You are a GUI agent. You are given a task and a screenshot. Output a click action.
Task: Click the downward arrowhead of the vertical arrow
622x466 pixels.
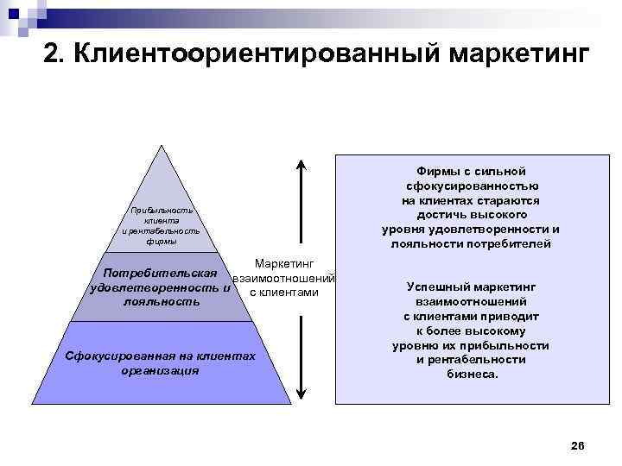click(299, 394)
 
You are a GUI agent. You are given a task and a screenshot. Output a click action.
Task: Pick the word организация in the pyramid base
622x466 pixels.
click(161, 370)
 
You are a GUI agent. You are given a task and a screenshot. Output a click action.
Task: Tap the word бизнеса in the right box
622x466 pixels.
click(472, 375)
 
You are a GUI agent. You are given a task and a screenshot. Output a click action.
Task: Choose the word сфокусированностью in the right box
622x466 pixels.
click(471, 186)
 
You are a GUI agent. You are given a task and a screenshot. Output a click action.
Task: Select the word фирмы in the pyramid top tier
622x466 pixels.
click(162, 242)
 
